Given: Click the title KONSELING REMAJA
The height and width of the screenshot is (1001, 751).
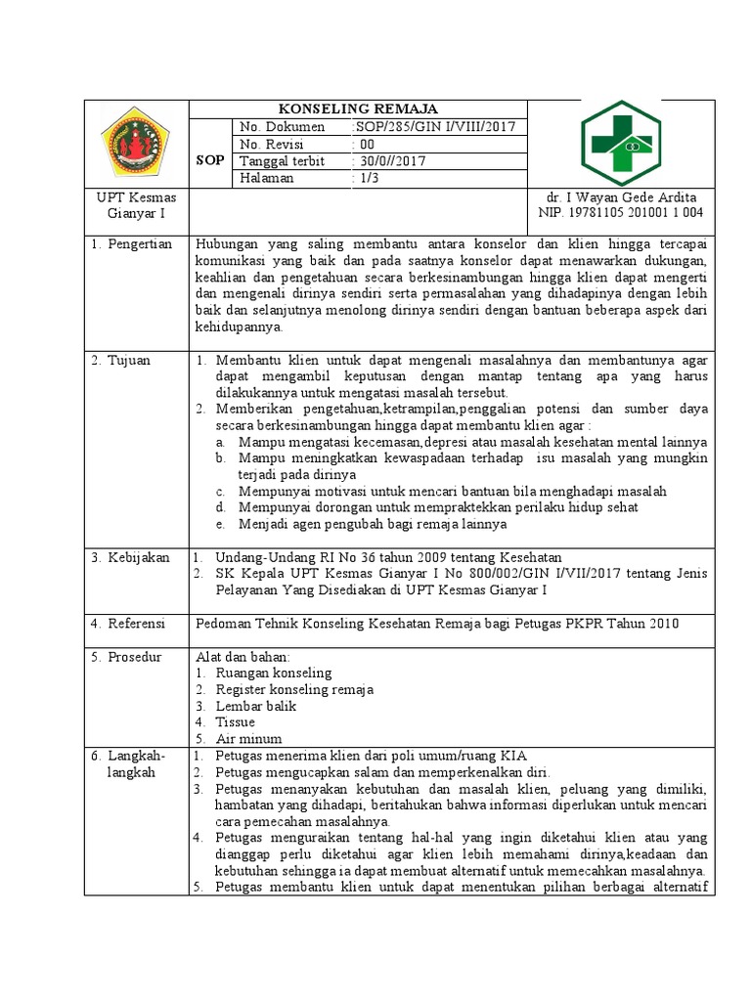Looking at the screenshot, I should coord(358,109).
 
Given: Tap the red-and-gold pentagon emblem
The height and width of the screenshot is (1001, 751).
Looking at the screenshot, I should coord(135,143).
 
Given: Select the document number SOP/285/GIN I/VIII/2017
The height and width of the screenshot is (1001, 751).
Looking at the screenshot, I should coord(426,128).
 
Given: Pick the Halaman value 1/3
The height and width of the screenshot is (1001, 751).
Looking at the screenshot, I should coord(366,178).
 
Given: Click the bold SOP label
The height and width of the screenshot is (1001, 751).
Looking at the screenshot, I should coord(210,159).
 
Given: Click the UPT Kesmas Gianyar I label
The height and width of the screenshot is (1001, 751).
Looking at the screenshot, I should coord(135,205).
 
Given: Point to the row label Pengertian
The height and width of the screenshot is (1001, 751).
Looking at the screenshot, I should coord(133,243).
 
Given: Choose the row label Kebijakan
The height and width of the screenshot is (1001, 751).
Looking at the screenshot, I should coord(130,557).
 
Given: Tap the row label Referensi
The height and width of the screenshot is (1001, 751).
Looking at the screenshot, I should coord(129,624).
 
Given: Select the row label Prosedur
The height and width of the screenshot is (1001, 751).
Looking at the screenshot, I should coord(127,657).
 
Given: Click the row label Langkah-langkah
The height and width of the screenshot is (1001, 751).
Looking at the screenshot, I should coord(130,764).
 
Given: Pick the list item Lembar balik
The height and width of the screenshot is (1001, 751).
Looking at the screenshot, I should coord(255,706).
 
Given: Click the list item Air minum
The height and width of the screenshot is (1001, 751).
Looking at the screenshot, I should coord(249,739).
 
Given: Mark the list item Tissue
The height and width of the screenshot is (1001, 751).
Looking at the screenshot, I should coord(236,722).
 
